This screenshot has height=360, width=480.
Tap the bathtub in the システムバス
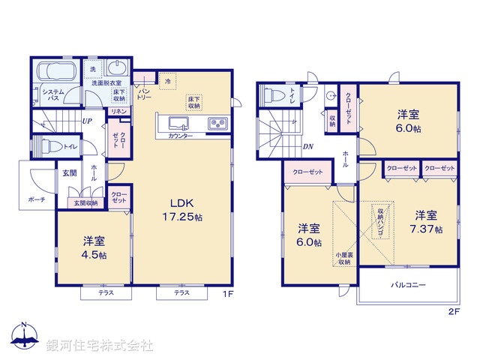tap(54, 72)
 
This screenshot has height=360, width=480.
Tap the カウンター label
tap(180, 136)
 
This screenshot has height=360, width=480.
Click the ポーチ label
tap(37, 199)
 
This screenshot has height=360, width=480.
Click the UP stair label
tap(87, 121)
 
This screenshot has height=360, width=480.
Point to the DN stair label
tap(307, 147)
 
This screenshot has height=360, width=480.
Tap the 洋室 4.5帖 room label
tap(94, 248)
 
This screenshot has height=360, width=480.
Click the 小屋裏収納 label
tap(344, 258)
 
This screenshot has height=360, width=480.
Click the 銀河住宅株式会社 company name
tap(100, 345)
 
